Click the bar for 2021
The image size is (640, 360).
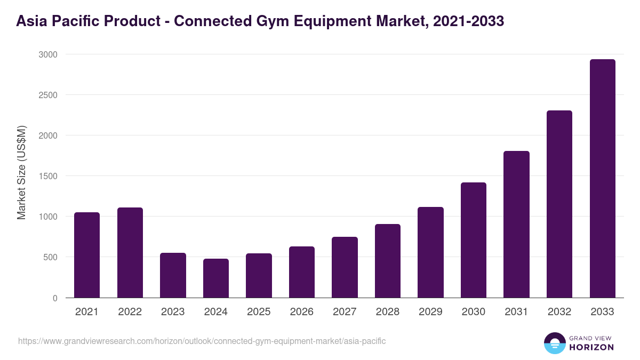[87, 255]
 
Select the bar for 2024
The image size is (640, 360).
[216, 278]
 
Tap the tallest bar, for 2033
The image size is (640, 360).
[603, 179]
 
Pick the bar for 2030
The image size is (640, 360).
[474, 240]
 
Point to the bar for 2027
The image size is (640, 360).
[345, 267]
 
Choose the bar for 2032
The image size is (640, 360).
[559, 204]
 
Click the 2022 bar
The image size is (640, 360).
[130, 252]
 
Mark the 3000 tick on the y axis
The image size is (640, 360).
[49, 54]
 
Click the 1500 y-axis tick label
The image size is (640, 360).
[49, 176]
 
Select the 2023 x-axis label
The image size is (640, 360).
[173, 312]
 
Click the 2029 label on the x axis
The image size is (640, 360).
[430, 312]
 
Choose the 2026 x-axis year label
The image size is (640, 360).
[302, 312]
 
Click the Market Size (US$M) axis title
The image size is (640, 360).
[21, 172]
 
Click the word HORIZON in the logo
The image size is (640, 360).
[591, 347]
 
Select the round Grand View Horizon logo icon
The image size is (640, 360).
[554, 343]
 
